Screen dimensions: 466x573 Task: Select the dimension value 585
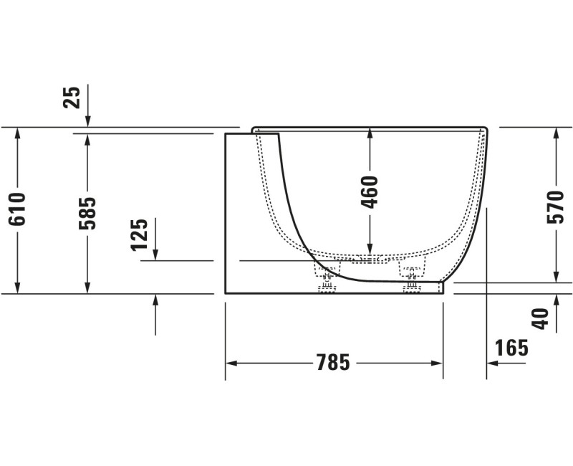point(87,213)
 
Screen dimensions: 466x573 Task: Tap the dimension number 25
point(72,97)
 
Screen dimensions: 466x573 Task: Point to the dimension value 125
point(140,234)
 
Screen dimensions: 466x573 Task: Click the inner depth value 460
point(370,191)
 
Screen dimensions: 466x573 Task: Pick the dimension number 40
point(542,317)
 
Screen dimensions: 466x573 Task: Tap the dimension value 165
point(511,348)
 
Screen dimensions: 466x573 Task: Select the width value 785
point(333,363)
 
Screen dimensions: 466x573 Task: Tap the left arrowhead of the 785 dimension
point(231,363)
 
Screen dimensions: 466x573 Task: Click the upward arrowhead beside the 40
point(556,300)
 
